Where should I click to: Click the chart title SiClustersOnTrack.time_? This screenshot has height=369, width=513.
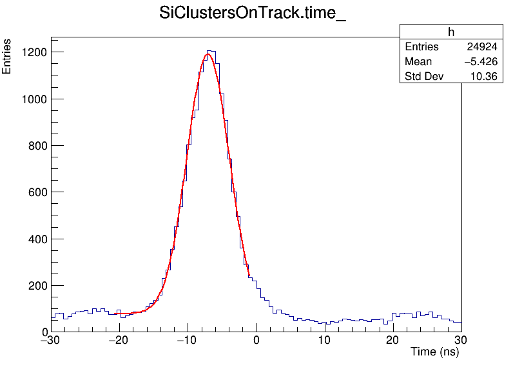pos(253,15)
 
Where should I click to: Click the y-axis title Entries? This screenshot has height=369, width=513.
pos(7,57)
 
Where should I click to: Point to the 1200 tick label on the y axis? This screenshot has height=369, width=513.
pos(32,52)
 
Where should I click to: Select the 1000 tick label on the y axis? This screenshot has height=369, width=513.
pos(32,99)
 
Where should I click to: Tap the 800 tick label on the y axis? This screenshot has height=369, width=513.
pos(35,146)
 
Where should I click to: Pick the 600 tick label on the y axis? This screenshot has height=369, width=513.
pos(35,192)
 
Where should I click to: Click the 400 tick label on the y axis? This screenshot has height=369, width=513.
pos(35,239)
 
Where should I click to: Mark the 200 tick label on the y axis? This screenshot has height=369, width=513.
pos(35,286)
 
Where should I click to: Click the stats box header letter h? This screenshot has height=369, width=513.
pos(451,32)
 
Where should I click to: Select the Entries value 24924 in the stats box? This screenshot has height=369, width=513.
pos(481,47)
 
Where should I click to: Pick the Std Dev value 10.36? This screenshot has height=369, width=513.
pos(485,77)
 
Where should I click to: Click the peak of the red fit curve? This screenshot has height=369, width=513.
pos(208,54)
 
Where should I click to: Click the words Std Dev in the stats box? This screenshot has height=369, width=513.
pos(425,77)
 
